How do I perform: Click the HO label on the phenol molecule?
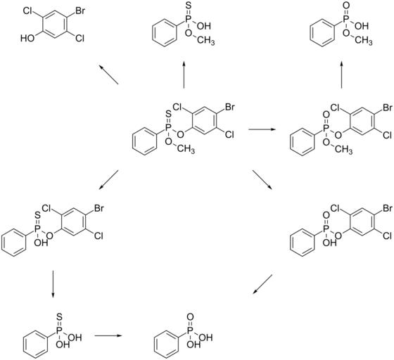27,39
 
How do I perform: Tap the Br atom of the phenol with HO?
80,11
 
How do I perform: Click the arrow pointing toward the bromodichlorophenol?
108,75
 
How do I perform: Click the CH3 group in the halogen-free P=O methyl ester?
363,40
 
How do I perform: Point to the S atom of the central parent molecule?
169,114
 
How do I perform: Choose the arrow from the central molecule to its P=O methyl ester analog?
262,129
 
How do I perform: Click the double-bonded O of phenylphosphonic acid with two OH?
190,317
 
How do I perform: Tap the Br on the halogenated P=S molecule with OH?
99,208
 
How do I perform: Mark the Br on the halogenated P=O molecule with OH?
387,208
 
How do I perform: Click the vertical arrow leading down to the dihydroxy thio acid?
53,284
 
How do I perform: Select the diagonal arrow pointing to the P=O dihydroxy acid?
262,284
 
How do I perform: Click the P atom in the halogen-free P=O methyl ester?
346,19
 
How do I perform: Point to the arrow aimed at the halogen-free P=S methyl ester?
184,75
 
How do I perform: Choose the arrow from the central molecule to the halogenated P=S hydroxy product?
108,180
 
